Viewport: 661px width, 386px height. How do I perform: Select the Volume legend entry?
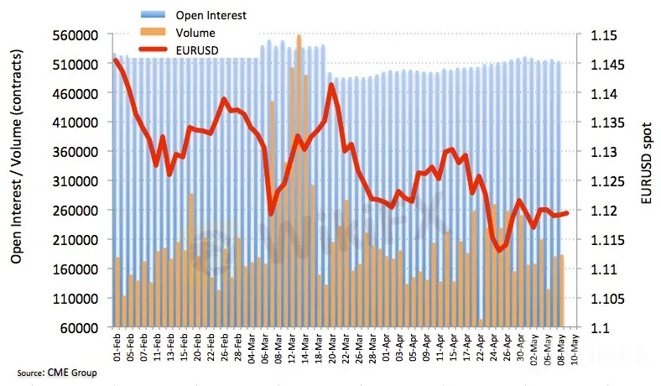(195, 34)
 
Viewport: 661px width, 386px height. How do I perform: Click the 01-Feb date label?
(117, 348)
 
